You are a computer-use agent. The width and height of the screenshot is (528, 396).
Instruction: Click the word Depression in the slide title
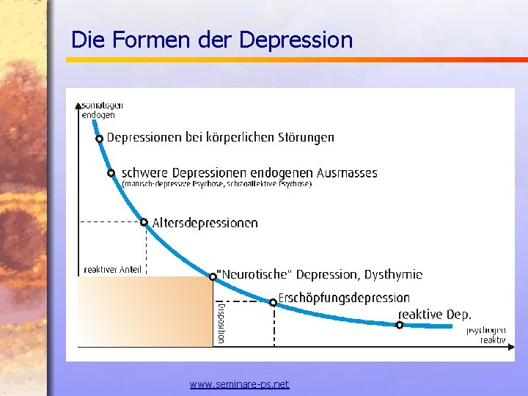pyautogui.click(x=296, y=40)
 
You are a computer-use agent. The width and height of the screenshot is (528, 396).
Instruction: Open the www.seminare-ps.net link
pyautogui.click(x=239, y=384)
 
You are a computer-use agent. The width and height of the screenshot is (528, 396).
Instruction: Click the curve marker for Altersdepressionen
pyautogui.click(x=144, y=222)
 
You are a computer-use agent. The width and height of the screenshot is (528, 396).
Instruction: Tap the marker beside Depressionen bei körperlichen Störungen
pyautogui.click(x=99, y=139)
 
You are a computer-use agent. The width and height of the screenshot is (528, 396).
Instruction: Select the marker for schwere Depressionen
pyautogui.click(x=111, y=173)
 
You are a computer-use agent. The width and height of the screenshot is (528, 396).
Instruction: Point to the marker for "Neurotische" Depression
pyautogui.click(x=213, y=276)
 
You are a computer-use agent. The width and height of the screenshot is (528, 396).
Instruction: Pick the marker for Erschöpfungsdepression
pyautogui.click(x=273, y=301)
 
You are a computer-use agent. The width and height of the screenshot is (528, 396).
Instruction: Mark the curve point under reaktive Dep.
pyautogui.click(x=400, y=324)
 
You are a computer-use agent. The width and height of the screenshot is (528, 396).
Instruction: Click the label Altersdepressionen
pyautogui.click(x=205, y=223)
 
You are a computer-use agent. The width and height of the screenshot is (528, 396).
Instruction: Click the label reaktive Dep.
pyautogui.click(x=434, y=315)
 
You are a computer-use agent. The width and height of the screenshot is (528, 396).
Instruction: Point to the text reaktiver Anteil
pyautogui.click(x=113, y=269)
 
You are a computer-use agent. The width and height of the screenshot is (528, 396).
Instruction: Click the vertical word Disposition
pyautogui.click(x=221, y=323)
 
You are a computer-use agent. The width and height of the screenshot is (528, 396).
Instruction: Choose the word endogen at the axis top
pyautogui.click(x=98, y=115)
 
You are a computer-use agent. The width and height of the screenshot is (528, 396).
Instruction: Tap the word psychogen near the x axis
pyautogui.click(x=486, y=331)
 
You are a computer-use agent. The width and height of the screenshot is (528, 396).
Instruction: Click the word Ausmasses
pyautogui.click(x=347, y=174)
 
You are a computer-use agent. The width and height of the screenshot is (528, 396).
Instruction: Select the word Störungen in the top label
pyautogui.click(x=305, y=137)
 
